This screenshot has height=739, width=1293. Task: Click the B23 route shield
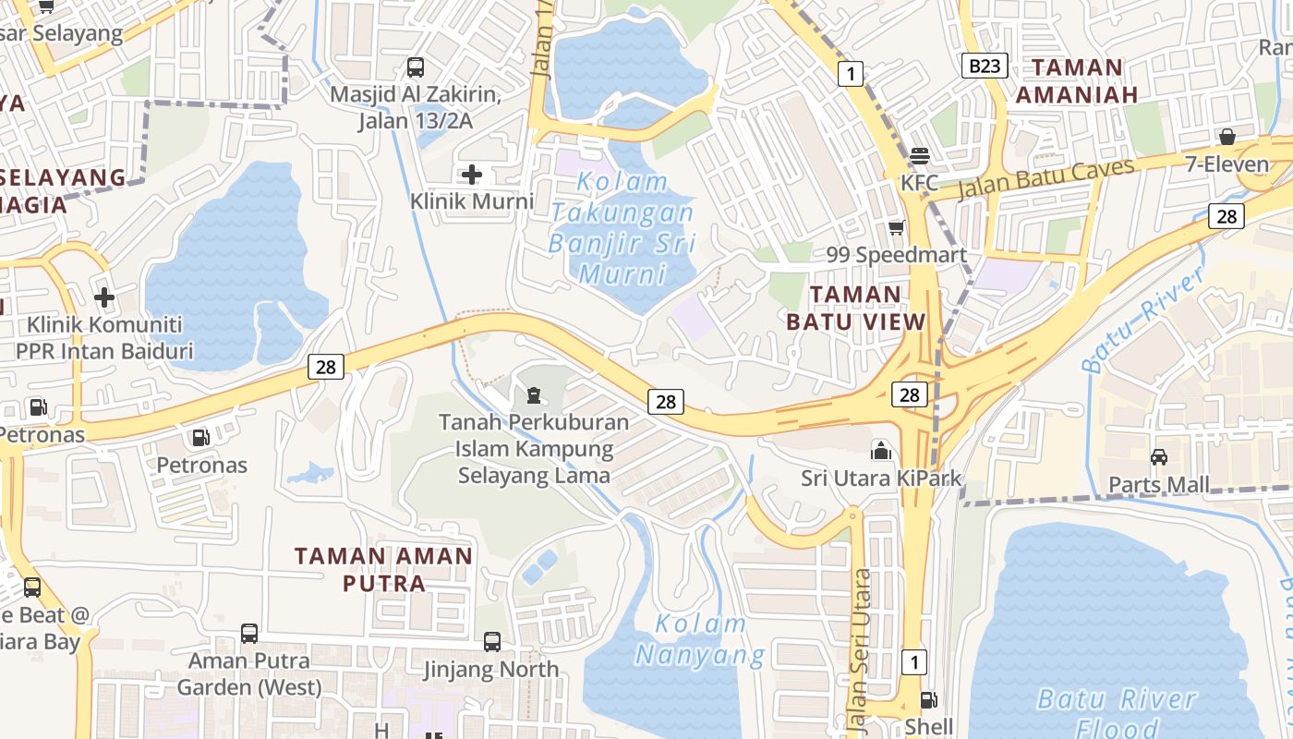point(984,66)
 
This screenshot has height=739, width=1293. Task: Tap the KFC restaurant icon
point(919,156)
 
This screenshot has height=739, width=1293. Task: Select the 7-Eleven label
point(1227,164)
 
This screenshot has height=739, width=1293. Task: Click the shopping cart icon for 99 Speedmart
point(895,227)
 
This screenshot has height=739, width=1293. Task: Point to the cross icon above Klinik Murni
point(472,174)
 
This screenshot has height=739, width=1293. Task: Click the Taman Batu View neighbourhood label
point(855,308)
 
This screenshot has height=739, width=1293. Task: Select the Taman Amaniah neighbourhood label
point(1077,80)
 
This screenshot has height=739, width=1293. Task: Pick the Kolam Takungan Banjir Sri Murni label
point(622,227)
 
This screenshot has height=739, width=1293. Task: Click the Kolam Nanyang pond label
point(700,639)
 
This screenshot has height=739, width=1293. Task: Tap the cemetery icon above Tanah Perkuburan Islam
point(533,396)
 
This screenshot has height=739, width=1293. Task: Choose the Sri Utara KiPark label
point(881,479)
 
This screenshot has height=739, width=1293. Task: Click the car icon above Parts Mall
point(1158,456)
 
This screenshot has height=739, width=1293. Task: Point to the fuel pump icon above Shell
point(929,701)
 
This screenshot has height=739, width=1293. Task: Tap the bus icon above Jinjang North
point(492,641)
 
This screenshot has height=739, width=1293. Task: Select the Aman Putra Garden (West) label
point(249,673)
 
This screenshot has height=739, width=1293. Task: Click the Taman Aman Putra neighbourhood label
point(383,569)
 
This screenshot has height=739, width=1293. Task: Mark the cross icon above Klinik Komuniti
point(104,297)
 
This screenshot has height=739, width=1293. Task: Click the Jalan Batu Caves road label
point(1045,179)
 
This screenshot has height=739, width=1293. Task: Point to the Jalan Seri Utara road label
point(861,647)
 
